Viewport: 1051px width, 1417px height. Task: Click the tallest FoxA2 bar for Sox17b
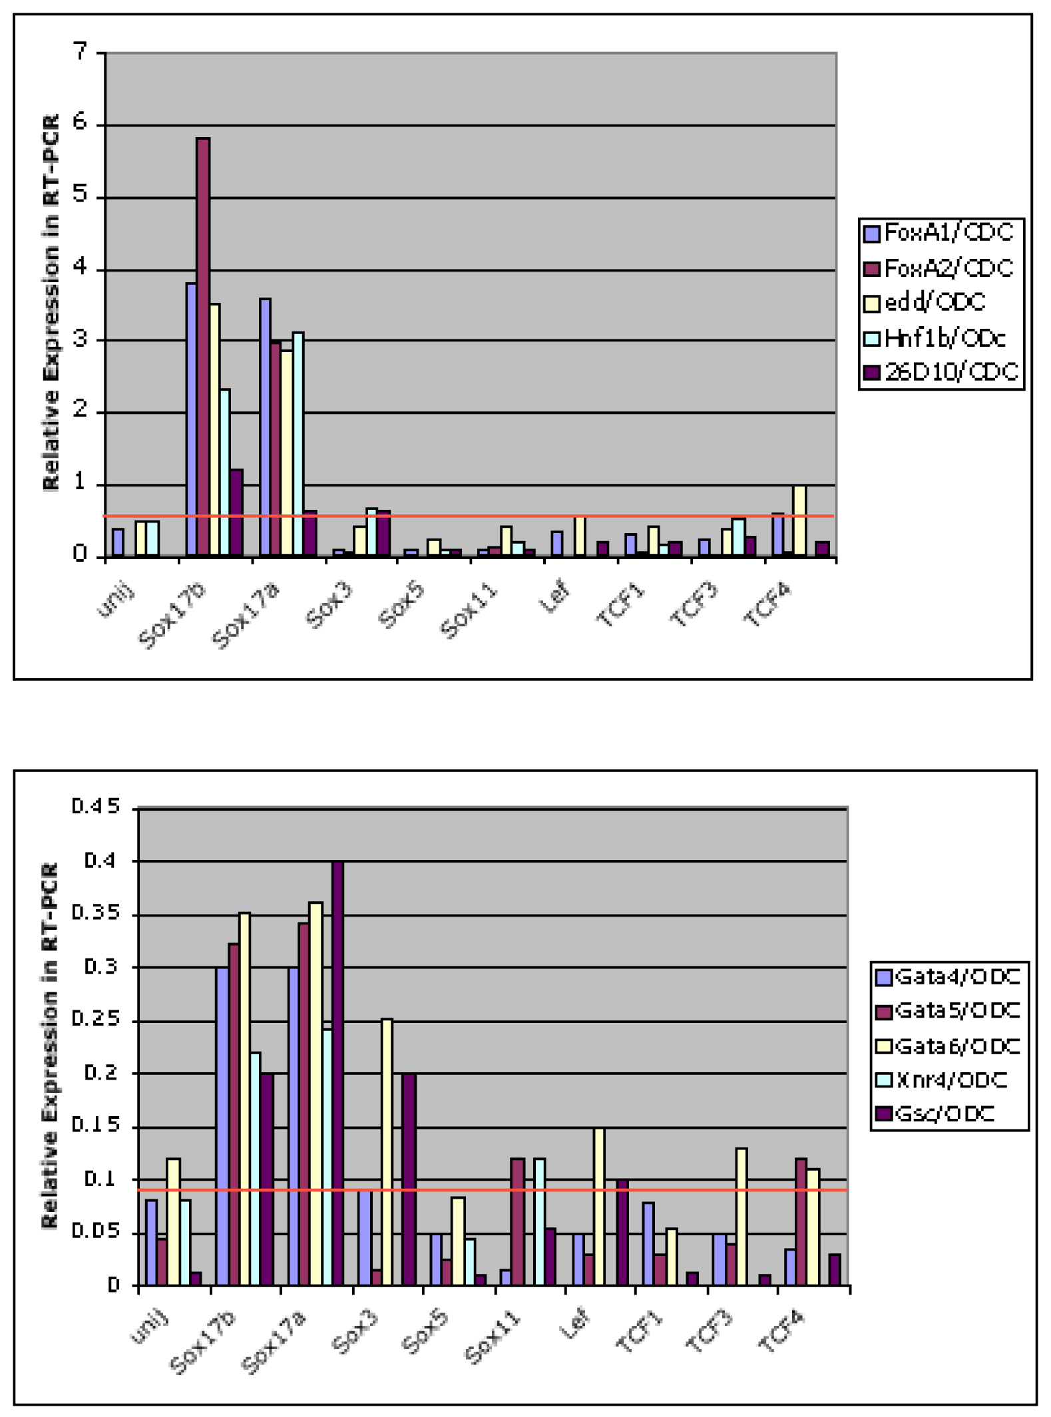pos(203,346)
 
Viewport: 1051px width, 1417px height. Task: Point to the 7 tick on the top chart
pos(81,51)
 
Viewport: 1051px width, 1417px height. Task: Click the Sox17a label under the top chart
pos(245,614)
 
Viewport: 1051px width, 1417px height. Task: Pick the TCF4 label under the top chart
pos(767,604)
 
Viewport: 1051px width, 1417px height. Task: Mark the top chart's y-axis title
pos(51,303)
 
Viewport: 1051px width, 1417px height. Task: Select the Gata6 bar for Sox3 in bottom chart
pos(386,1152)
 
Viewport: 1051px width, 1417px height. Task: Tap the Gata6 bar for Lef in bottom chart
pos(599,1207)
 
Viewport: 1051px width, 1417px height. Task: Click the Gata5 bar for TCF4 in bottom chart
pos(801,1222)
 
